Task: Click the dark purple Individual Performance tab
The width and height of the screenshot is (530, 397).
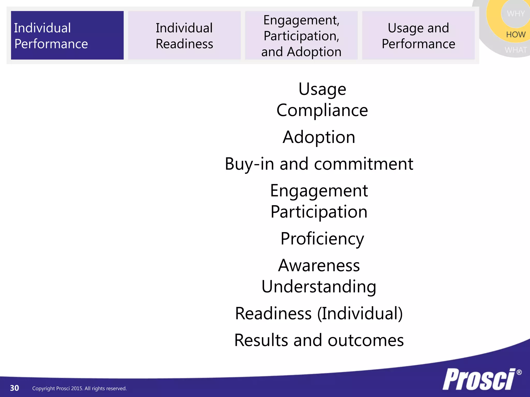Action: (67, 35)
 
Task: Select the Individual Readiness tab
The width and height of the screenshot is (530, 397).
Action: (184, 35)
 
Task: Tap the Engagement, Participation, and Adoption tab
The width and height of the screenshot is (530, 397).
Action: (301, 35)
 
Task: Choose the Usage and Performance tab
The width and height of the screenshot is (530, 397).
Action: (418, 35)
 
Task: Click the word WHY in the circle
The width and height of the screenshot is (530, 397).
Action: (516, 13)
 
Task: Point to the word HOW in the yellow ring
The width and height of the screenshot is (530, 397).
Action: (516, 35)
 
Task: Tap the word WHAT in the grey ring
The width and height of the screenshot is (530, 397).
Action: (516, 50)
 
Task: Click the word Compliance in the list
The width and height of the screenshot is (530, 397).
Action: (322, 110)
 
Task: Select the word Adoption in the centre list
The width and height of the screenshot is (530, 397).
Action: (319, 137)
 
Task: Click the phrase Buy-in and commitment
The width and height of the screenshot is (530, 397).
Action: (319, 164)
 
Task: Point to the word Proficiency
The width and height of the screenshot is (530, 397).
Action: (322, 239)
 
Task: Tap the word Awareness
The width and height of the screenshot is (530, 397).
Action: (319, 265)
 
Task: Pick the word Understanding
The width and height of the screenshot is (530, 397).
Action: (319, 287)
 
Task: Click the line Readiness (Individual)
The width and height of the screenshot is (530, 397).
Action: (319, 314)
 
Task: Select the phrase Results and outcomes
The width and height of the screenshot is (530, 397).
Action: (319, 340)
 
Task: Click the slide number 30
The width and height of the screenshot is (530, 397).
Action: (14, 388)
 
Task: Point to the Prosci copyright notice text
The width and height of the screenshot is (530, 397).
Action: (79, 388)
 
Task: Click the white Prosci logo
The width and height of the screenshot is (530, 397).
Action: (479, 379)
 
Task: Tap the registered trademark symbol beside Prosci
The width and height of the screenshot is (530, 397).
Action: (519, 372)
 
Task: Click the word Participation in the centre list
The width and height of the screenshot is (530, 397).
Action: (319, 212)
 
